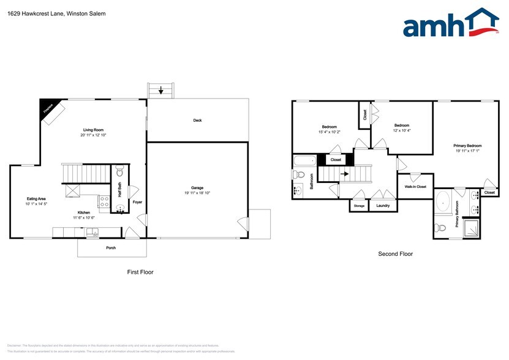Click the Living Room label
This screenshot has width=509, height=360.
point(96,130)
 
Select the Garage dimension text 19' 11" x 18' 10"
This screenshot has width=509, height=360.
point(197,192)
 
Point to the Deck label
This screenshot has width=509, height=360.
point(197,121)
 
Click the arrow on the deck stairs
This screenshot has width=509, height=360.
point(161,91)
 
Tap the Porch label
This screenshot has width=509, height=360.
point(111,248)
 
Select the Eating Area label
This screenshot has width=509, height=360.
point(36,198)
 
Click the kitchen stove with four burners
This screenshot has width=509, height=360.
point(104,201)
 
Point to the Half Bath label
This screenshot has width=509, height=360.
point(119,190)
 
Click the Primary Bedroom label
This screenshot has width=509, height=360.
point(467,146)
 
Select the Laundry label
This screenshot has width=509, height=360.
point(383,206)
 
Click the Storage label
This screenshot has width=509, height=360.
point(359,206)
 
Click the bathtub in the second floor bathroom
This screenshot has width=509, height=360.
point(304,162)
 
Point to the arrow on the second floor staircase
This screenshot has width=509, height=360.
point(345,174)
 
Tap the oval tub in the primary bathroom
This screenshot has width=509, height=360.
point(444,202)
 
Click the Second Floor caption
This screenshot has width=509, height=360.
point(396,253)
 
